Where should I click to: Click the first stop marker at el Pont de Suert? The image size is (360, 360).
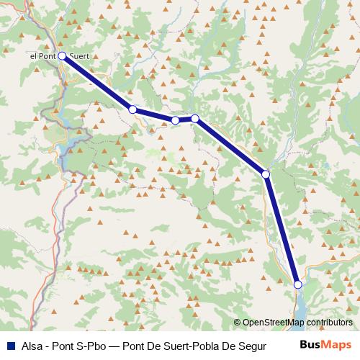tap(62, 55)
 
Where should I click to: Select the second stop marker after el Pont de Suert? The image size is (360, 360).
tap(132, 109)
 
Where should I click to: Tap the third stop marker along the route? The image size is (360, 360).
tap(175, 120)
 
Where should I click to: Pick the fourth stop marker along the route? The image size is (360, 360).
tap(194, 118)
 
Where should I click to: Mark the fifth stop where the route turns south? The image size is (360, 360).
tap(266, 174)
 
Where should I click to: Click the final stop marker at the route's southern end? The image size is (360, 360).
tap(298, 285)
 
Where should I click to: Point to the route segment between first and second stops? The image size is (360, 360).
tap(97, 82)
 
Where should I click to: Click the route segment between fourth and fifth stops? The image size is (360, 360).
tap(230, 146)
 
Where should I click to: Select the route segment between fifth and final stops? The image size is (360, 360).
tap(282, 230)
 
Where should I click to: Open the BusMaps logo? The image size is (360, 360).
tap(325, 343)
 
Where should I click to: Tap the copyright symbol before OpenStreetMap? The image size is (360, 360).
tap(238, 323)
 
